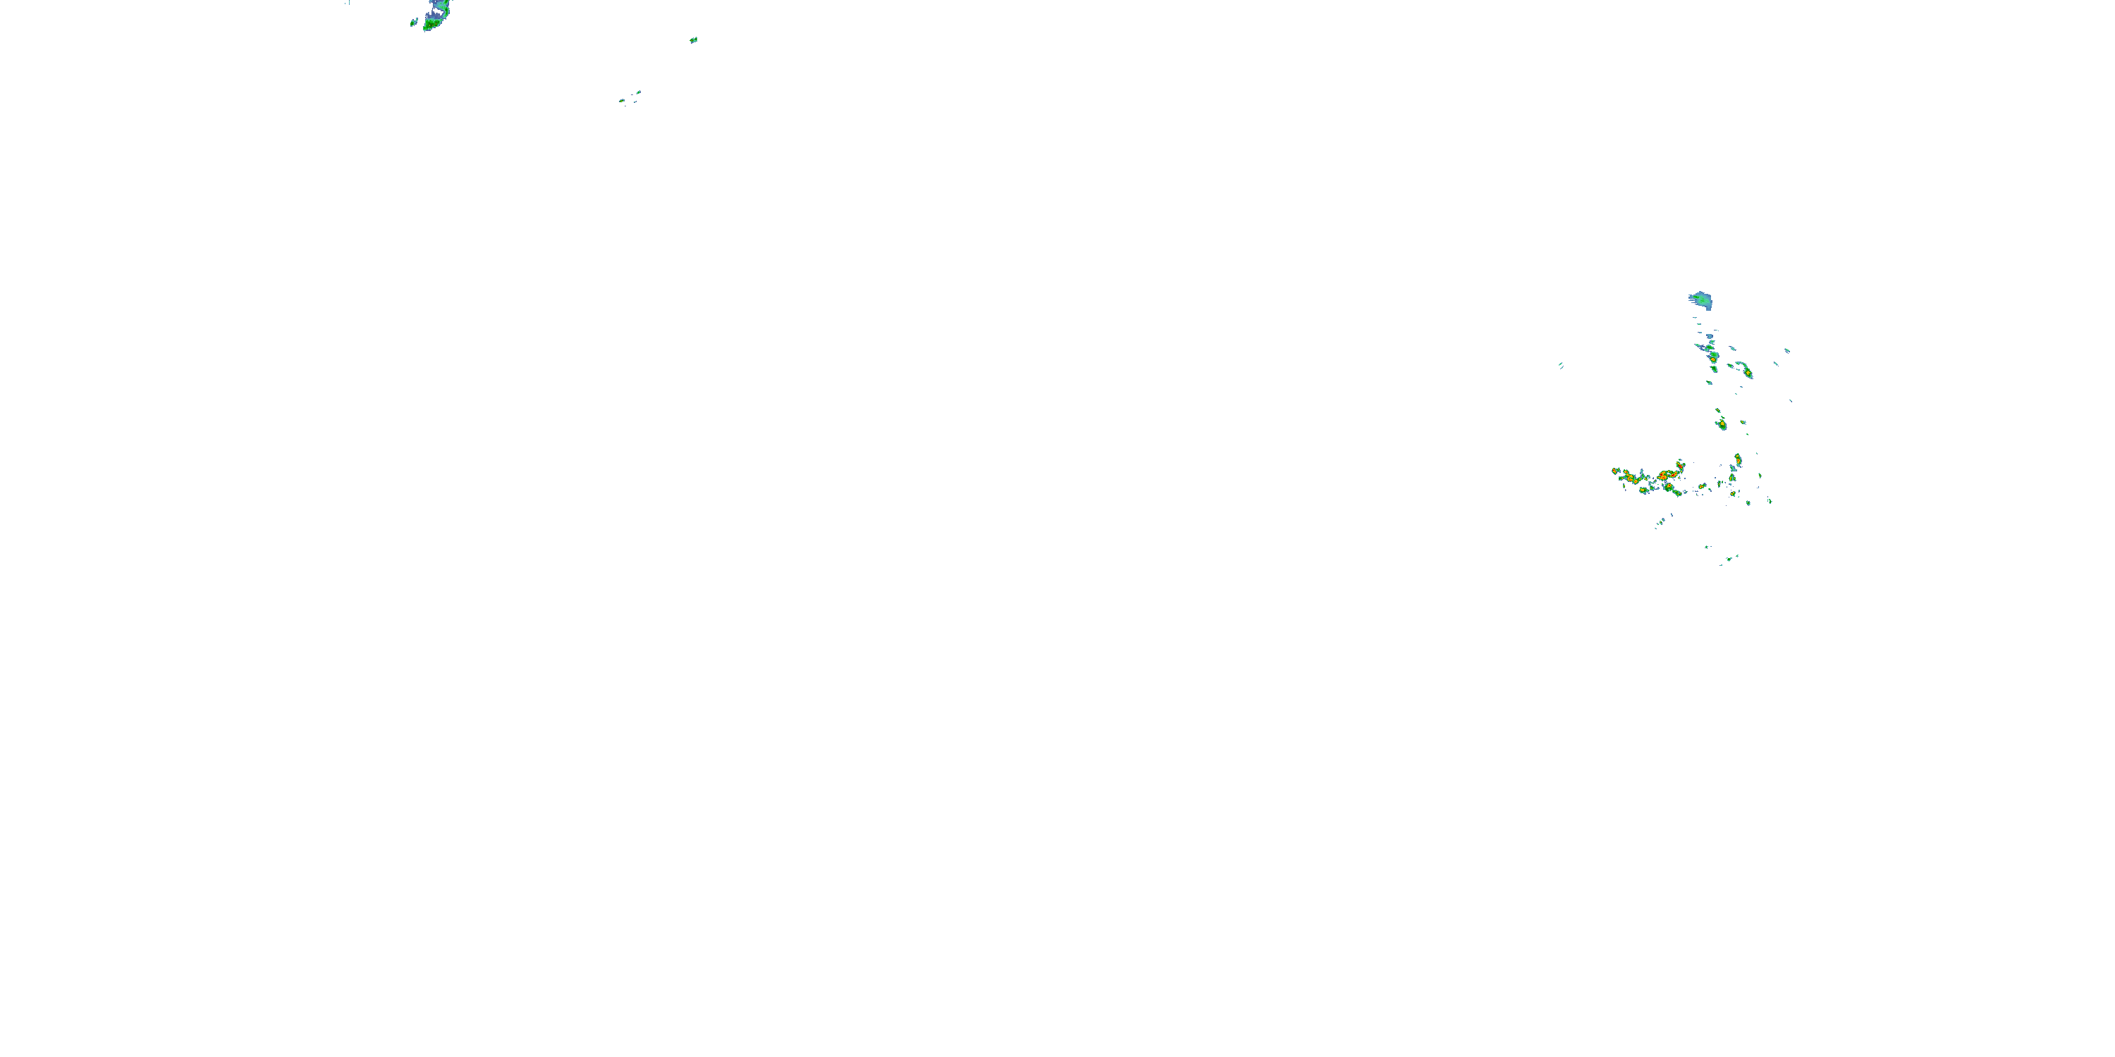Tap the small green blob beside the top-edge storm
(x=414, y=22)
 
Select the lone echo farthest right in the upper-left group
(x=694, y=39)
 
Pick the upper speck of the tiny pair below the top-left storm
(x=639, y=93)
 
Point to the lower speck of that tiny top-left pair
(x=623, y=101)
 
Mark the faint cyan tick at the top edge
(x=348, y=2)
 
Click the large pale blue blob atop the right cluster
(x=1700, y=300)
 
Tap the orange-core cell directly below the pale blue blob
(x=1712, y=356)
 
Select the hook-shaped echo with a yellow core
(x=1746, y=370)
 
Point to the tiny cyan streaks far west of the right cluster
(x=1560, y=365)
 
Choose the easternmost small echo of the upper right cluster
(x=1787, y=350)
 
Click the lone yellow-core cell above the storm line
(x=1721, y=424)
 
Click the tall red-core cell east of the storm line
(x=1737, y=460)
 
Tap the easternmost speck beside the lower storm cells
(x=1770, y=500)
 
